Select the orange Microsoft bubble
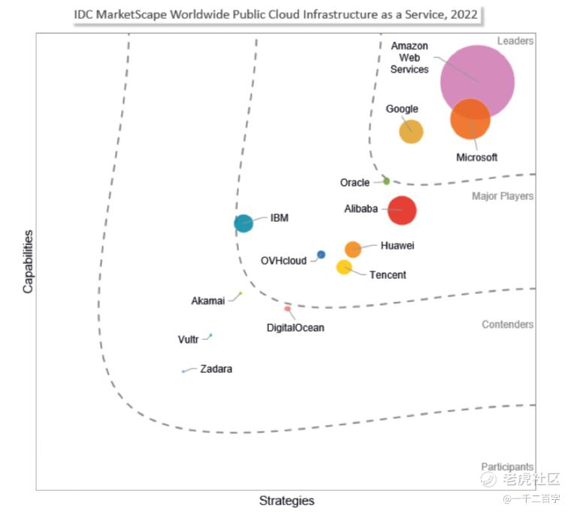470,119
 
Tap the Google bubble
411,132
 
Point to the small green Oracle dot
386,180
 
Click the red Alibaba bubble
402,211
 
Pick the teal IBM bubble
243,223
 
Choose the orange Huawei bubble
353,250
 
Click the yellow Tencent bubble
344,267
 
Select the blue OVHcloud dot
321,254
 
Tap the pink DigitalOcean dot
287,309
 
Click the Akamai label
208,301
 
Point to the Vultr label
188,339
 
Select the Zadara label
216,369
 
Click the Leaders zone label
515,41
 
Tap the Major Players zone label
503,196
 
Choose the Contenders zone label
508,324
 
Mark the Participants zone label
507,466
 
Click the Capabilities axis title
28,262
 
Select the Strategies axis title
286,501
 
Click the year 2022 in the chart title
464,14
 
